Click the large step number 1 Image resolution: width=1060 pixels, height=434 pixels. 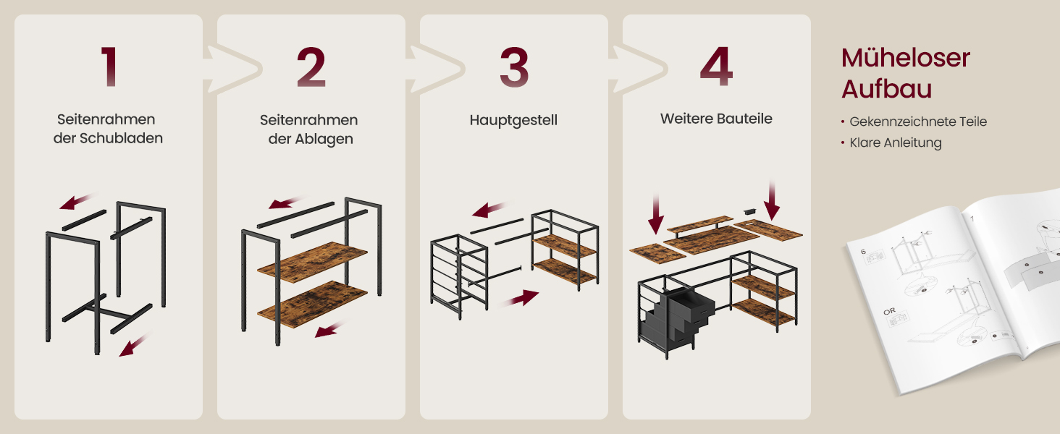(x=110, y=67)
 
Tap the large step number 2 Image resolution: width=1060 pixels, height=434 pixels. (x=311, y=67)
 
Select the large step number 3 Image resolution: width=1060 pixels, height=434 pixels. (x=514, y=67)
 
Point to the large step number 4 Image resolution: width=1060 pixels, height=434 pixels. (x=717, y=67)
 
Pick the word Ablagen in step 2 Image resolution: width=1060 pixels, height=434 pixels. (x=324, y=139)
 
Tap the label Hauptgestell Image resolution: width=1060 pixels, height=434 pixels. (x=513, y=121)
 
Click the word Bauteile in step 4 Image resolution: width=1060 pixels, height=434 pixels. (x=744, y=119)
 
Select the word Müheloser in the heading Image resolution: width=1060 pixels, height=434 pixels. (x=906, y=58)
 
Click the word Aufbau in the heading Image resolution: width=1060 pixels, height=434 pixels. (x=886, y=89)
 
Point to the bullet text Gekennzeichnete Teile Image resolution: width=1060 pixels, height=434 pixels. (x=918, y=122)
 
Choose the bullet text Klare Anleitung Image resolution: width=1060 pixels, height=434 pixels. (x=896, y=142)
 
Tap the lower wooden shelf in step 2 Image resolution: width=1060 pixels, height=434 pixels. (x=312, y=304)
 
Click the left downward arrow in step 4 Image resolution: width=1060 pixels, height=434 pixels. (x=656, y=214)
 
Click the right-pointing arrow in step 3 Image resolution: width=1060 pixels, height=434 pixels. (x=520, y=299)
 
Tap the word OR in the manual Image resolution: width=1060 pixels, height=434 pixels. (x=889, y=311)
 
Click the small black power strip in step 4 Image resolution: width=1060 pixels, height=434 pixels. (x=749, y=211)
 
